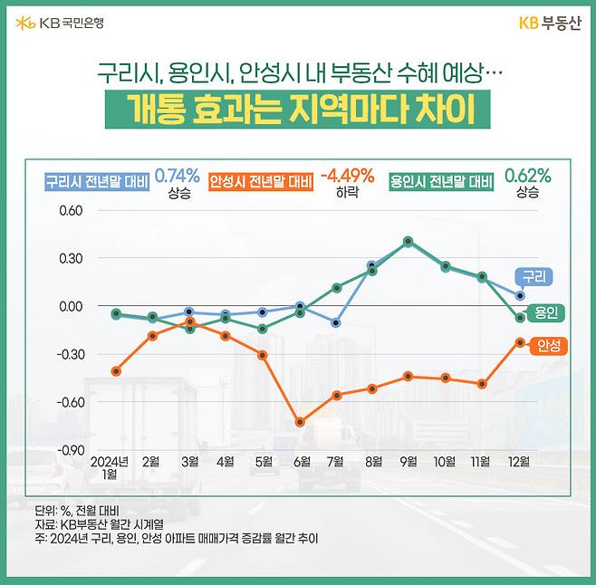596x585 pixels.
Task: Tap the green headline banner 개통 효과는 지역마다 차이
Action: [x=298, y=110]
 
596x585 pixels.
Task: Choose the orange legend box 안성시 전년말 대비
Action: [x=261, y=181]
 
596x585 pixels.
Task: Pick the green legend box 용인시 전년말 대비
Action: [x=441, y=181]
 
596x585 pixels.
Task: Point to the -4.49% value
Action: [x=348, y=176]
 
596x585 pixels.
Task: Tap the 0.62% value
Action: [x=527, y=176]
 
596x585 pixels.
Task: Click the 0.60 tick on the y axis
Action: [x=70, y=211]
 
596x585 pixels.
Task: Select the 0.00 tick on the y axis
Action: [x=70, y=306]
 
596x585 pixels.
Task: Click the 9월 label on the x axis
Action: [x=409, y=461]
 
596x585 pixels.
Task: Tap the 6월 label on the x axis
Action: [x=300, y=461]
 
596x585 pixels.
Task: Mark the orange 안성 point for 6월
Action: [x=300, y=422]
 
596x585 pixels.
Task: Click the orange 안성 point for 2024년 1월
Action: [x=116, y=371]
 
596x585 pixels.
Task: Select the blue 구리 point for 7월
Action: [x=336, y=322]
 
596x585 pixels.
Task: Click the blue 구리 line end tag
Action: [x=534, y=276]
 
